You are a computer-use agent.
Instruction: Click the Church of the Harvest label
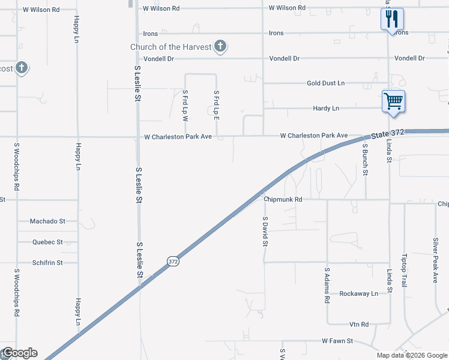pos(171,47)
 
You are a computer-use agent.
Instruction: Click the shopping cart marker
pos(393,101)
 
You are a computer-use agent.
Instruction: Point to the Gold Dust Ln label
pos(325,83)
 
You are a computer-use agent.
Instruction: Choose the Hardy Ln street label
pos(326,109)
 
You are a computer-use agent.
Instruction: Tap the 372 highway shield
pos(173,261)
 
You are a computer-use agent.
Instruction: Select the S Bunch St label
pos(364,156)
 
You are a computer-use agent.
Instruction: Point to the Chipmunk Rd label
pos(282,199)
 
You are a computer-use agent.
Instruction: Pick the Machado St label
pos(47,221)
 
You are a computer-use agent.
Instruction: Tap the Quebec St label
pos(48,242)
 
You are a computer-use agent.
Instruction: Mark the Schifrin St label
pos(48,263)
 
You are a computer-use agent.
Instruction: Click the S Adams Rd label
pos(327,284)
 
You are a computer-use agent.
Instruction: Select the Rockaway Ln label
pos(358,293)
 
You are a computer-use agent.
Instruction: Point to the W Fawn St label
pos(337,341)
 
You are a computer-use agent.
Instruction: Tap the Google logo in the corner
pos(19,353)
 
